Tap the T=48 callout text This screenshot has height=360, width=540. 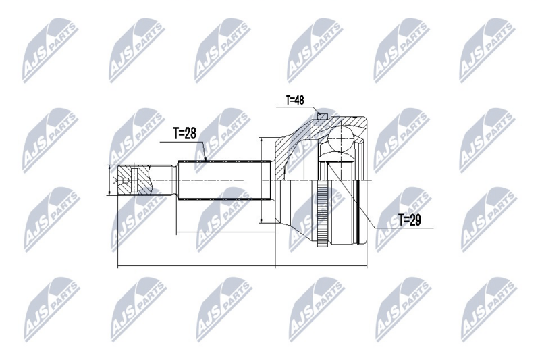click(295, 100)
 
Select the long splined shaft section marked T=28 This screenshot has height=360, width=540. click(223, 180)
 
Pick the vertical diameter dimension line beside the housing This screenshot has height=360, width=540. click(262, 180)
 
